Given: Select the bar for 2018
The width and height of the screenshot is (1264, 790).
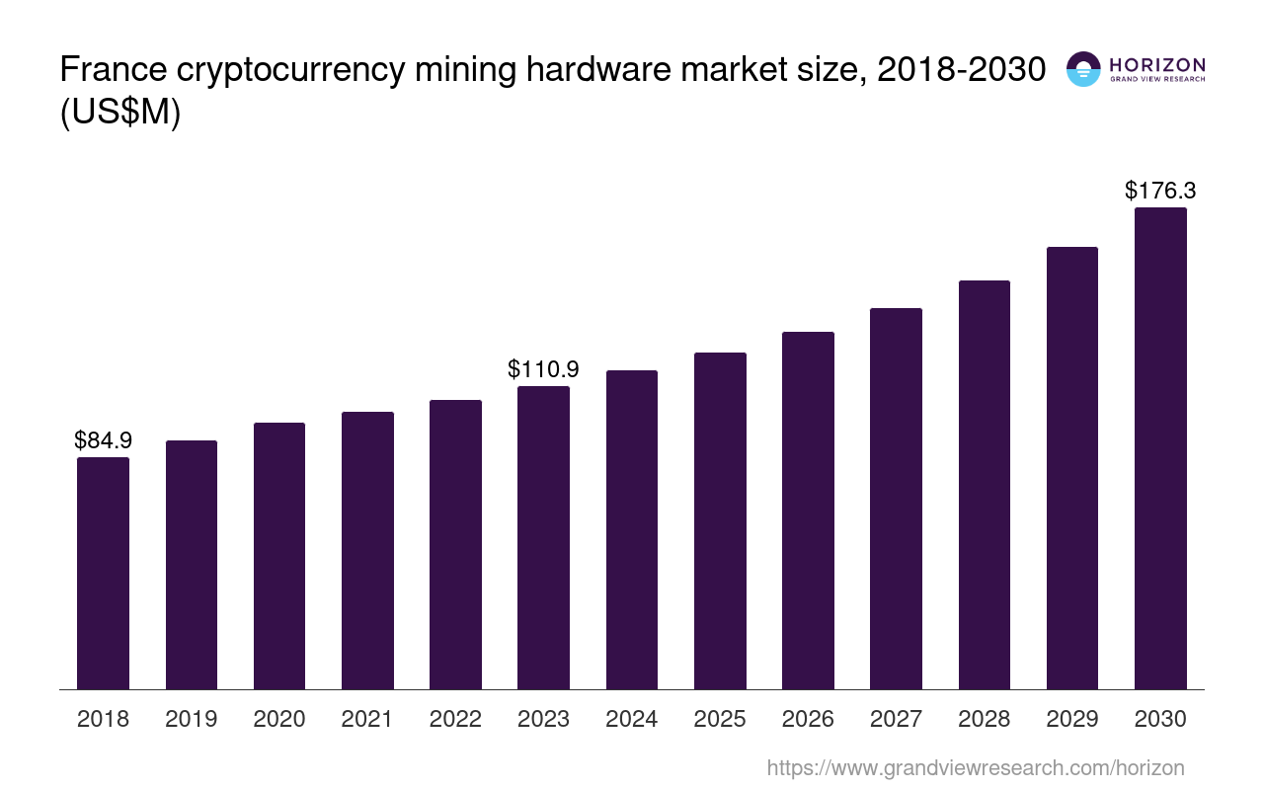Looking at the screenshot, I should [103, 573].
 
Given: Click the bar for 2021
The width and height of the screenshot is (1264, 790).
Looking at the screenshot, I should [367, 550].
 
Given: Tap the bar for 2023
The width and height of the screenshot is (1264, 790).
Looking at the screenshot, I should [543, 537].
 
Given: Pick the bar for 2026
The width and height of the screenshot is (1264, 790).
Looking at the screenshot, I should [808, 511].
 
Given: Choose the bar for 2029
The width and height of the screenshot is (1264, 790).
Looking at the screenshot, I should [1071, 468].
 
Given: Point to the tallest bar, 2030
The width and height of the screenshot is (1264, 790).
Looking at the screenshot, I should [1160, 448].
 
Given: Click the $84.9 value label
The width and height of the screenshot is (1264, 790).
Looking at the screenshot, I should [103, 440].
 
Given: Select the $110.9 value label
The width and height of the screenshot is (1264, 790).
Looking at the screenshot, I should [543, 369].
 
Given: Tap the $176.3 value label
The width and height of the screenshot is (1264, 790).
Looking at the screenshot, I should [1160, 191].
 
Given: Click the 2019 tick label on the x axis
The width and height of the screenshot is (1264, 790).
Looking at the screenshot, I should [191, 719].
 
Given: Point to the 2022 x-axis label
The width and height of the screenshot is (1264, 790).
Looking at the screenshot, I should [455, 719].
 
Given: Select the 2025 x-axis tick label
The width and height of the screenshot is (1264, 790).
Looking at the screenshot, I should [720, 719].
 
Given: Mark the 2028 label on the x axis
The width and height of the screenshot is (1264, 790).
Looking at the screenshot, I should [984, 719].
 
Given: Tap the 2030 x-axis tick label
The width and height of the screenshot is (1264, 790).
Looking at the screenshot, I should [1160, 719].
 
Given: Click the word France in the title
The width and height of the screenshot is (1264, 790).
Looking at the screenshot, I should [108, 70].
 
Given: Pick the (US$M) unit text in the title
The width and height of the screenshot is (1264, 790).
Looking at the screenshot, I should [120, 114].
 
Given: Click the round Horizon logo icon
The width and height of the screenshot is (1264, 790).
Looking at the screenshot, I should [1083, 69].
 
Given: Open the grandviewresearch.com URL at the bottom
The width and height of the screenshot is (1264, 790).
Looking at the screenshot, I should [976, 767].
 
